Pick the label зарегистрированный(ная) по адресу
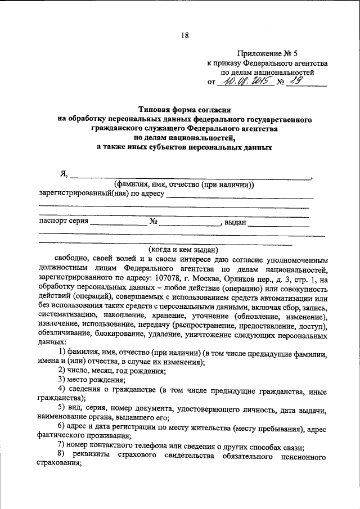click(101, 194)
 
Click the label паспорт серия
click(64, 221)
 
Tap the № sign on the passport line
click(153, 222)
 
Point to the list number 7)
click(62, 447)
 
